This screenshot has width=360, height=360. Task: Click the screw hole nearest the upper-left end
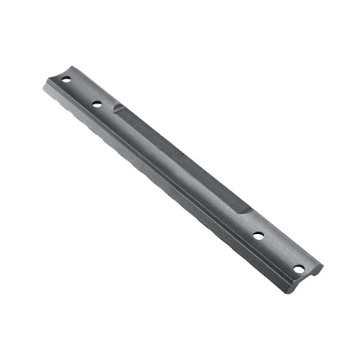pos(65,79)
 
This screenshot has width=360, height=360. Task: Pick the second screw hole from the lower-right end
pos(259,235)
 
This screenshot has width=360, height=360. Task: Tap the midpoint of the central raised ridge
pos(180,159)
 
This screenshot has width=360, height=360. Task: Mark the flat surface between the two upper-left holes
pos(81,92)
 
